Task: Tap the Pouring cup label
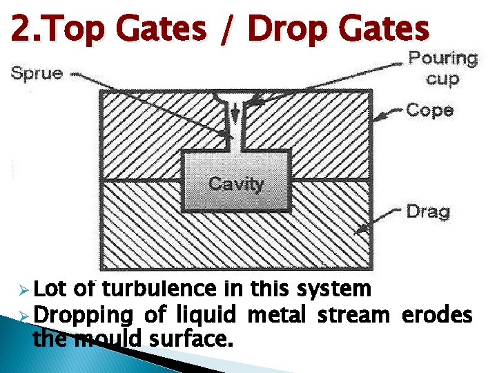coord(442,68)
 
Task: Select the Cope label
coord(430,110)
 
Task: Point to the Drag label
coord(429,211)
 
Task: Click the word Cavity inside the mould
coord(236,184)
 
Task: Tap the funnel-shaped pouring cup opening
coord(237,97)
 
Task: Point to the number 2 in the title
coord(19,29)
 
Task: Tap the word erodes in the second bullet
coord(437,315)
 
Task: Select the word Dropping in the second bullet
coord(82,316)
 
